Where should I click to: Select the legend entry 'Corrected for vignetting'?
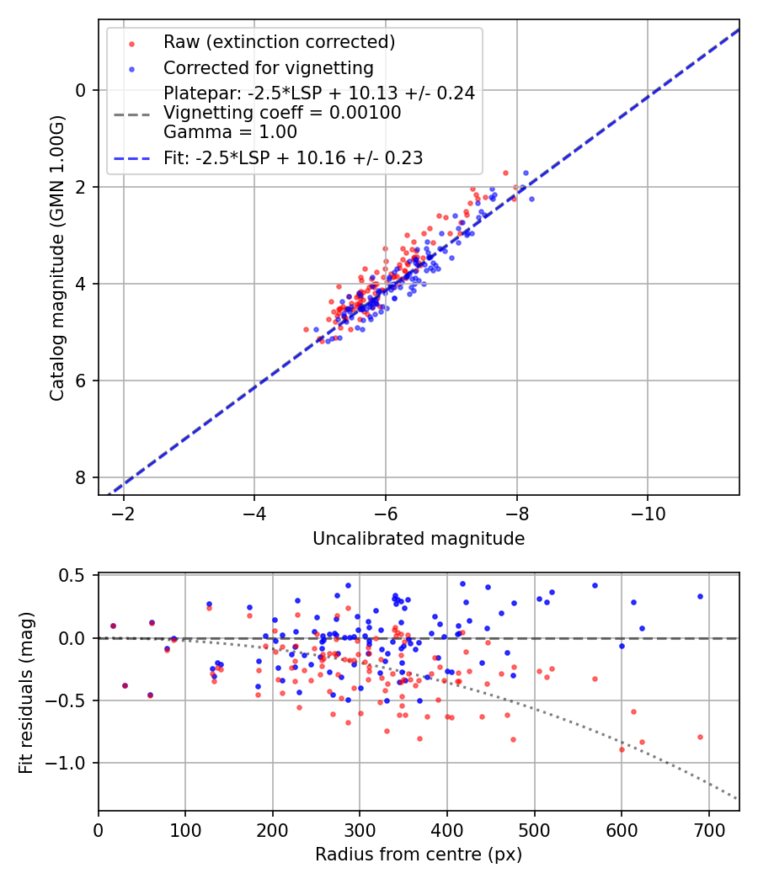(269, 67)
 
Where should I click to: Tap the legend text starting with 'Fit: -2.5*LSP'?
(293, 157)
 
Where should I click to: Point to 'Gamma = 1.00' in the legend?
(230, 131)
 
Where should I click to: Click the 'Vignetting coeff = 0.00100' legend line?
(282, 113)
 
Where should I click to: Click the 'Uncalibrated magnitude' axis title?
(419, 539)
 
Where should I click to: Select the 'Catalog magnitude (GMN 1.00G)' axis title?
(57, 258)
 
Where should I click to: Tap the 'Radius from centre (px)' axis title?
(419, 855)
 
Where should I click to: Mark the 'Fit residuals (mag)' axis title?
(27, 692)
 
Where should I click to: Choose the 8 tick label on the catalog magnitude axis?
(80, 477)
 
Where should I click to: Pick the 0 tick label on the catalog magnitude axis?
(80, 90)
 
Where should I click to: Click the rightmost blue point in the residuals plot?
(700, 596)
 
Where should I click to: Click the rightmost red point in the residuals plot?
(700, 737)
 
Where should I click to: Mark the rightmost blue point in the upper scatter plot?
(531, 199)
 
